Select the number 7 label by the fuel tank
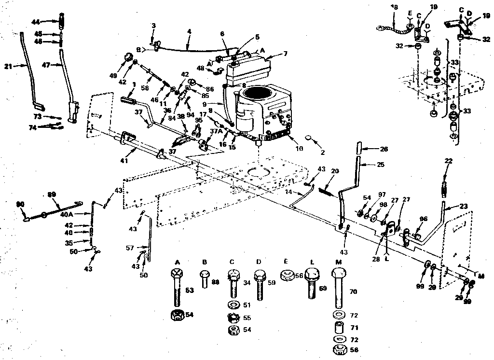pos(286,53)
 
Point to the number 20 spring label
pos(335,171)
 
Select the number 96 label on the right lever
pos(423,218)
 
